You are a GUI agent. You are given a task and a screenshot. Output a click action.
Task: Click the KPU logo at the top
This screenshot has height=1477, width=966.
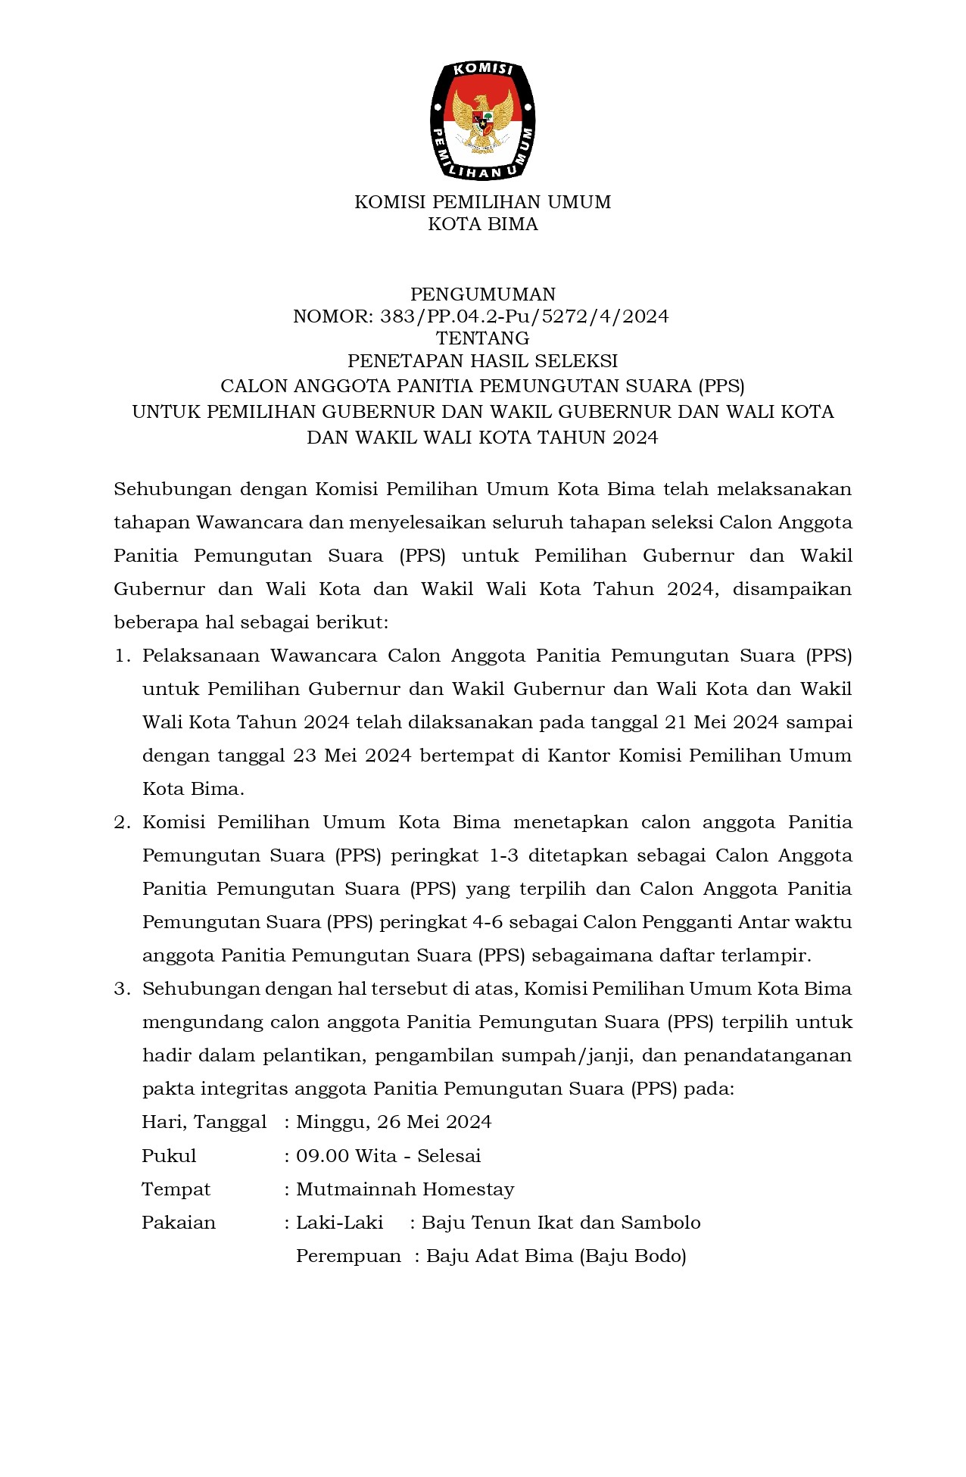point(483,120)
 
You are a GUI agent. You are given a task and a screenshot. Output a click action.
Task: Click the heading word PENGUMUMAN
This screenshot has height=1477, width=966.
point(483,294)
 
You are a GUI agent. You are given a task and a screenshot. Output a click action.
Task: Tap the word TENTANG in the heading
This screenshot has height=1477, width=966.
point(483,338)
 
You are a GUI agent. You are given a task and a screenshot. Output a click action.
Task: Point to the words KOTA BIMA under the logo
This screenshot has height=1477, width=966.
point(483,225)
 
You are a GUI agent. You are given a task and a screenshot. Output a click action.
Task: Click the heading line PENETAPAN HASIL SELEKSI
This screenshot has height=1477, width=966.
point(483,361)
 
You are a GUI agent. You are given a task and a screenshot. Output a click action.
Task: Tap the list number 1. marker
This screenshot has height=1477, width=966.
point(123,656)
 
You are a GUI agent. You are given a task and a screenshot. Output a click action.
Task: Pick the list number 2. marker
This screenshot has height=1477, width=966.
point(123,822)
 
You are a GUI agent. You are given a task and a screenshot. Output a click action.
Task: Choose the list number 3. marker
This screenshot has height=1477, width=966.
point(123,989)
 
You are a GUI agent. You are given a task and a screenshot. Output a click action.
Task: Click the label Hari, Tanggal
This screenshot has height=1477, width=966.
point(204,1122)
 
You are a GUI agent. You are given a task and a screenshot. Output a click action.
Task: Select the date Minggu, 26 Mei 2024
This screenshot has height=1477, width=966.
point(394,1122)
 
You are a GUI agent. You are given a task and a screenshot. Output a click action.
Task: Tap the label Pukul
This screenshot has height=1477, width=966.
point(169,1156)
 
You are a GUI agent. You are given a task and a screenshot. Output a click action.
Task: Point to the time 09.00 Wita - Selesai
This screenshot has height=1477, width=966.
point(388,1156)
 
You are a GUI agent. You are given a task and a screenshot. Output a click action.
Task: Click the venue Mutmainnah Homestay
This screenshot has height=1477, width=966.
point(405,1189)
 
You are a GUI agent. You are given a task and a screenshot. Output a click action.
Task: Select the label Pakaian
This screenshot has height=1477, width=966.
point(179,1223)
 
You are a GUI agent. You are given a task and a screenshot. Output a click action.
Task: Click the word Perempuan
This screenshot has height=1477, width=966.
point(348,1256)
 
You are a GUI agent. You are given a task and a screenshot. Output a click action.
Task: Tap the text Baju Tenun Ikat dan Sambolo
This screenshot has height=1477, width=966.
point(561,1223)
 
